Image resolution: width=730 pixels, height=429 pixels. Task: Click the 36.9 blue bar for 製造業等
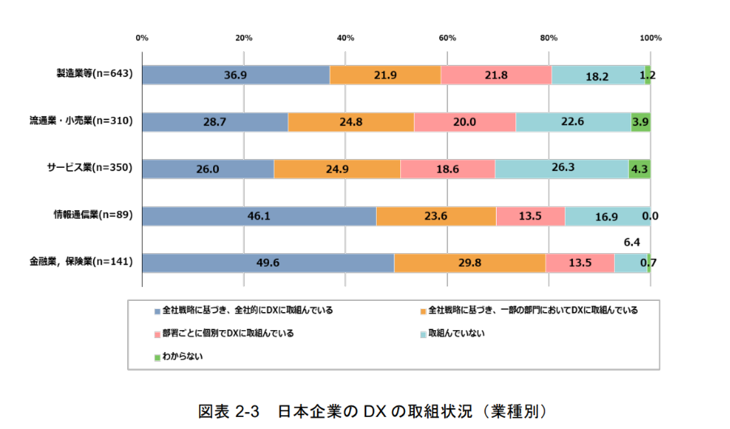(x=236, y=75)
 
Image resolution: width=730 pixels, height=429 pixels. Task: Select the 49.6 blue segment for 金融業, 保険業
(x=268, y=263)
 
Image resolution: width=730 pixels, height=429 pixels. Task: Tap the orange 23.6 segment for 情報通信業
(x=436, y=216)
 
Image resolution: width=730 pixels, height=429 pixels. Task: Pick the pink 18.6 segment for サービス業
(x=447, y=169)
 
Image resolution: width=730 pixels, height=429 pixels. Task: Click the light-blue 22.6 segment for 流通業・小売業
(x=573, y=122)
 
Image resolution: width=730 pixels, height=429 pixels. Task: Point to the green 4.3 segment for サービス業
(x=639, y=169)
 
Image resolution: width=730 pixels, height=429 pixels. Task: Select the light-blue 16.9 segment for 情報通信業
(x=607, y=216)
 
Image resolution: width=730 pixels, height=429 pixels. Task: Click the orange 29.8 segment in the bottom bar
(x=469, y=263)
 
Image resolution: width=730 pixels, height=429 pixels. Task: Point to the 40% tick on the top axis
(x=345, y=37)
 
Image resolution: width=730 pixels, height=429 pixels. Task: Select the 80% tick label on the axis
(x=549, y=37)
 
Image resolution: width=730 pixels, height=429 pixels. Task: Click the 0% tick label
(x=142, y=37)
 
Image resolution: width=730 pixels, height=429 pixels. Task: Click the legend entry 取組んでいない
(x=456, y=332)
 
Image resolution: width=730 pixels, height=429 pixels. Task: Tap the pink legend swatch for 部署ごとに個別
(x=156, y=333)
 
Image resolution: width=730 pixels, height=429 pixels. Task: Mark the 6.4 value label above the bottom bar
(x=632, y=242)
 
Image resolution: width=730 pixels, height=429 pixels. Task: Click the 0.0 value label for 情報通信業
(x=649, y=217)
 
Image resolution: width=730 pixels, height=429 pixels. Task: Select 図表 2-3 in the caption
(x=228, y=410)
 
